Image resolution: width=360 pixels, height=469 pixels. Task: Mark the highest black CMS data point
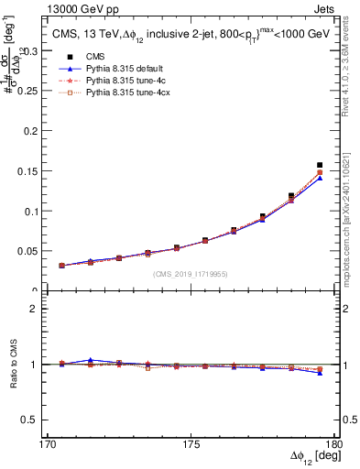(x=320, y=165)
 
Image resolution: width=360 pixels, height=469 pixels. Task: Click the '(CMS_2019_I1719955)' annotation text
(x=190, y=273)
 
